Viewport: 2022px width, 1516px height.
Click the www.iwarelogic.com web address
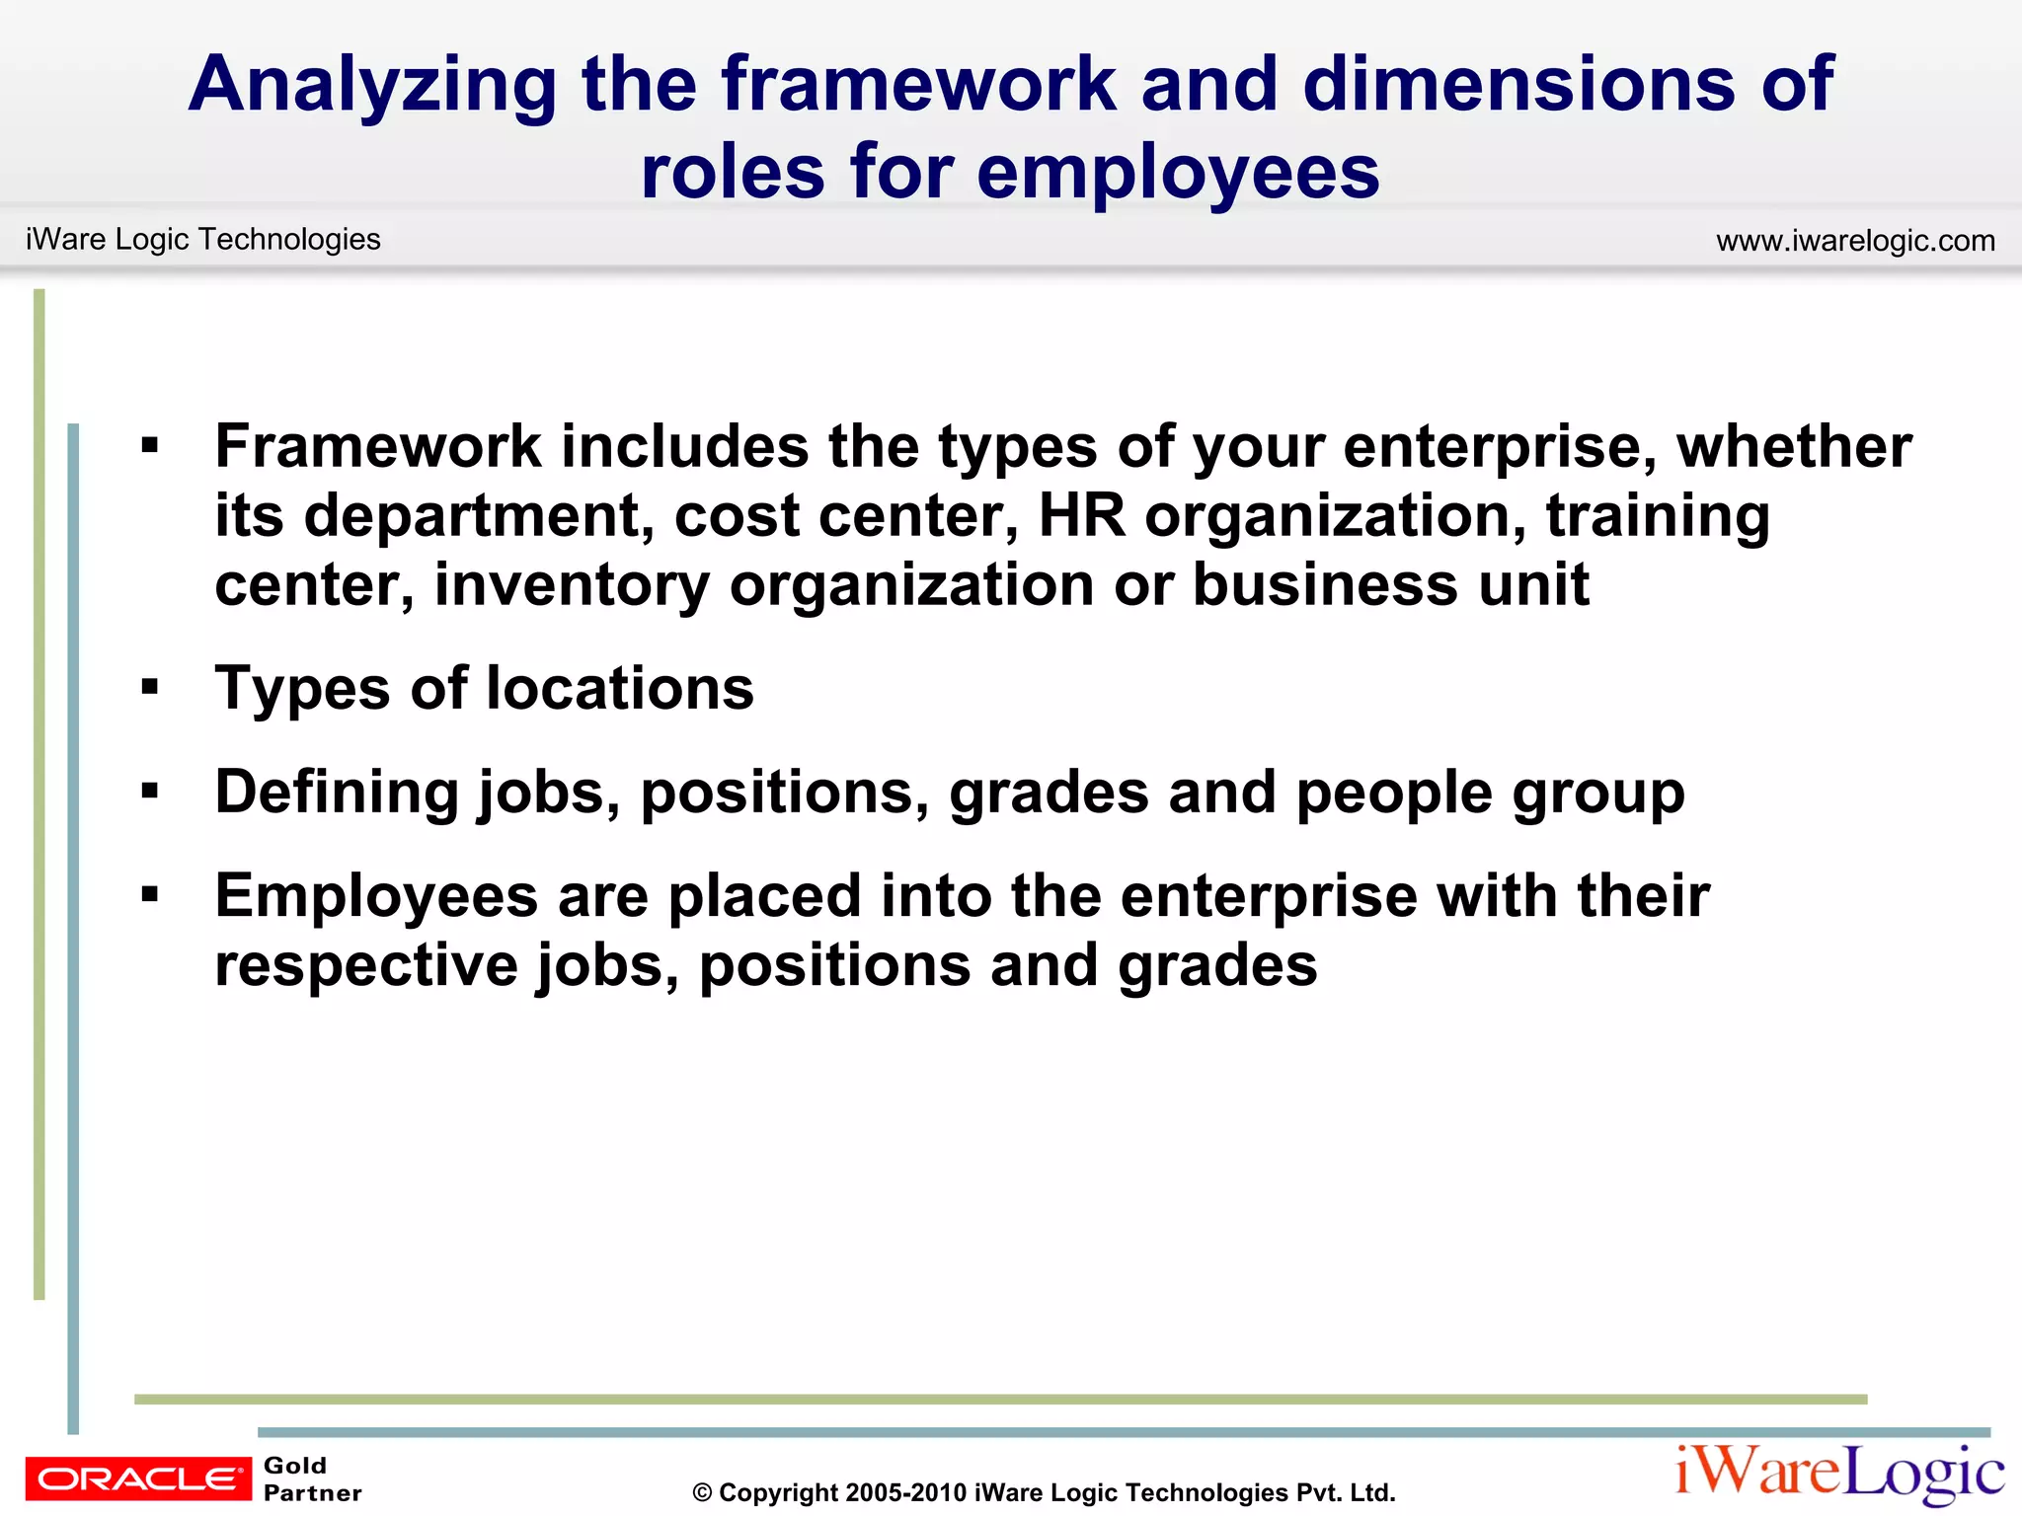[x=1855, y=241]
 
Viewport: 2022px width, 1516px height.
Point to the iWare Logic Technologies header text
[x=203, y=239]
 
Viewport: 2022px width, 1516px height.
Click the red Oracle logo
[x=138, y=1478]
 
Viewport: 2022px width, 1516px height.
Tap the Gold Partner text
[x=312, y=1478]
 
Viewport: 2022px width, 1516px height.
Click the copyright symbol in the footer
[x=702, y=1493]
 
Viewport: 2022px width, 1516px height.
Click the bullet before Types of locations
[x=150, y=687]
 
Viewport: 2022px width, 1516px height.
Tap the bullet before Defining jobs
[x=150, y=791]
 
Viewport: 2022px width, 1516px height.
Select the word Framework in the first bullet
[x=378, y=446]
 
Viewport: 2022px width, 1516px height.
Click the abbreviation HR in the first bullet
[x=1081, y=515]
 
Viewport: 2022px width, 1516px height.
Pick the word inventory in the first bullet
[x=572, y=584]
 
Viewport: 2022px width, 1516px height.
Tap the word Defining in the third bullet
[x=338, y=793]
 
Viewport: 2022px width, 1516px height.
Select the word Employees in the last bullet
[x=376, y=896]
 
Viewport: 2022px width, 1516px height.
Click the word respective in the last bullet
[x=365, y=965]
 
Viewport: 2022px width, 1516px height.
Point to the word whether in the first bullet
[x=1794, y=446]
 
